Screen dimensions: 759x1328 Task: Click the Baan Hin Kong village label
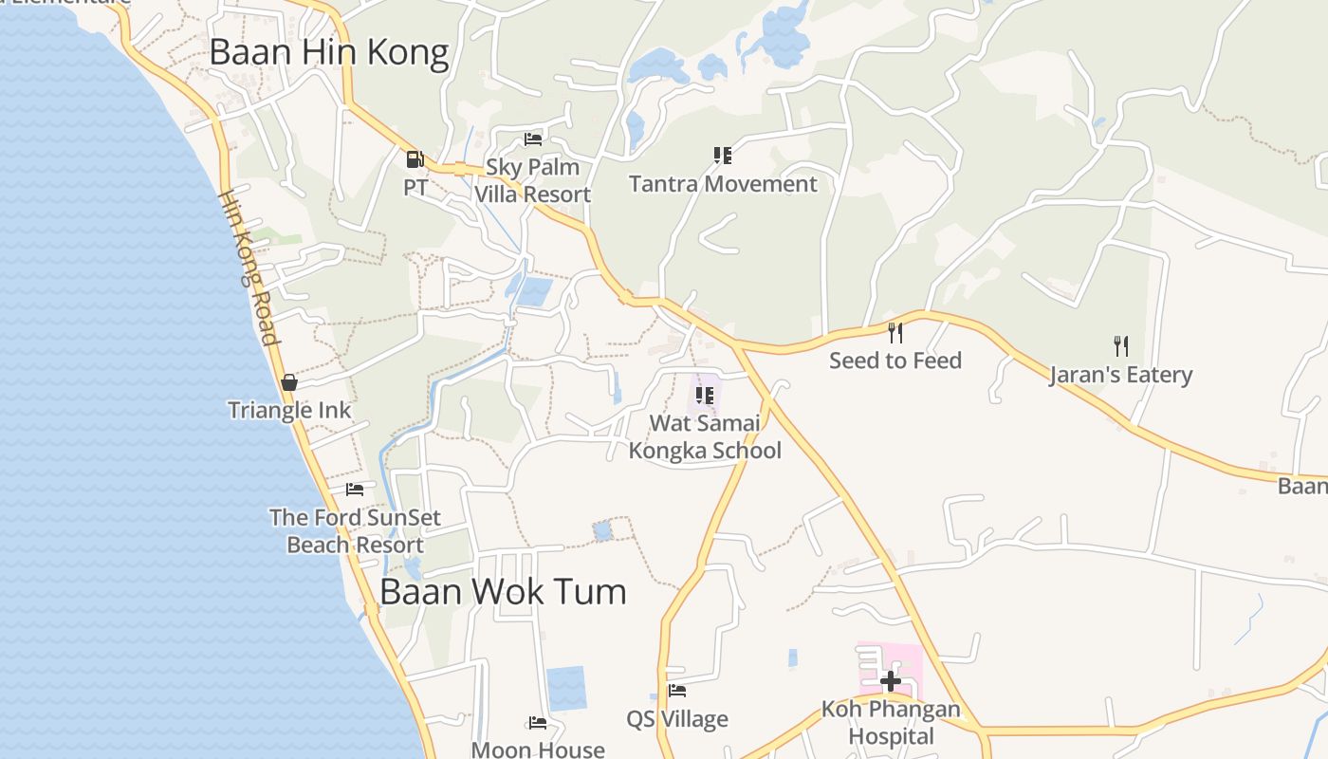(x=328, y=52)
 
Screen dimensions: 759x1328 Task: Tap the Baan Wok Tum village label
(x=503, y=591)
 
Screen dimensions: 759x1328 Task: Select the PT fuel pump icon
(x=415, y=159)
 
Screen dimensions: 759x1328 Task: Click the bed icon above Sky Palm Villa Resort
(x=533, y=139)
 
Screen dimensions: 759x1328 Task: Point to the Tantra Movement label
(x=723, y=184)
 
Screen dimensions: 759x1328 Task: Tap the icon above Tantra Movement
(x=723, y=155)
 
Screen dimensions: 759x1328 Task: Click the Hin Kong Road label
(x=249, y=268)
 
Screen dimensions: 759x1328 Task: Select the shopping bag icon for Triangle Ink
(x=289, y=382)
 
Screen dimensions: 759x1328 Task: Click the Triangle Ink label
(x=289, y=411)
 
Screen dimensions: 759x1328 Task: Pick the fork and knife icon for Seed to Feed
(x=895, y=332)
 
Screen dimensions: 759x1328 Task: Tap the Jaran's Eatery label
(x=1120, y=375)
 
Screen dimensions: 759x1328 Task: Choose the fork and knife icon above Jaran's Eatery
(x=1120, y=345)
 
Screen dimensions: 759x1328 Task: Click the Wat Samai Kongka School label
(x=705, y=436)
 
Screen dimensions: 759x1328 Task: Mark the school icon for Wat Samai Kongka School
(x=704, y=395)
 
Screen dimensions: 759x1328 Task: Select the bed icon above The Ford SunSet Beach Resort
(x=355, y=490)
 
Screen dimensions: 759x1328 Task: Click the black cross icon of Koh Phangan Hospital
(x=890, y=680)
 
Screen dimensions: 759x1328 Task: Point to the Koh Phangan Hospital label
(x=891, y=722)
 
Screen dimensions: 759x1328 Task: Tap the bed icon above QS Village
(x=677, y=691)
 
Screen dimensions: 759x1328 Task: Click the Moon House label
(x=538, y=750)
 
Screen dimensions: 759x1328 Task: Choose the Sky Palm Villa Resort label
(x=532, y=180)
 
